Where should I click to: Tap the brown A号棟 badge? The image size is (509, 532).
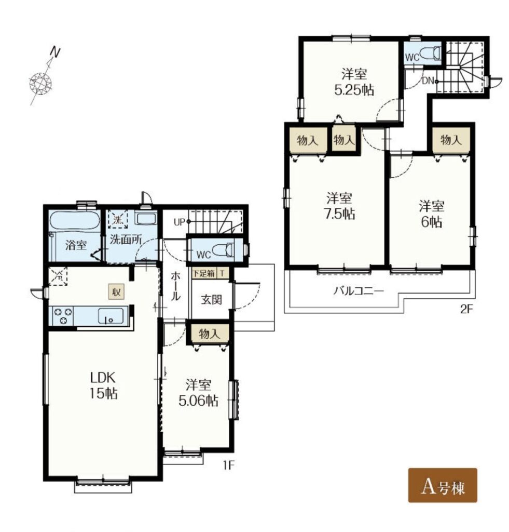(442, 485)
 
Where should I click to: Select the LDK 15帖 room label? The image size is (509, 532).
(103, 385)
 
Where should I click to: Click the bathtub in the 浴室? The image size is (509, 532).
(75, 220)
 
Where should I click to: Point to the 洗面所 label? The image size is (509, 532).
(126, 240)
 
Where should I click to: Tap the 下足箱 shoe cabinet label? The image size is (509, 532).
(204, 273)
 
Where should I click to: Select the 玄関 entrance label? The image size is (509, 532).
(212, 300)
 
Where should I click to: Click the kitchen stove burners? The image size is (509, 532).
(63, 315)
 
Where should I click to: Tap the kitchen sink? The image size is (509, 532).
(111, 316)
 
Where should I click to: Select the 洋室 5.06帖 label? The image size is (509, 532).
(198, 393)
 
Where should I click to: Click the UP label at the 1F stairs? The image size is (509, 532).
(180, 222)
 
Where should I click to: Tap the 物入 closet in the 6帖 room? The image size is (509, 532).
(451, 139)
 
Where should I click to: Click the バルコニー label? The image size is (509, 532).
(359, 291)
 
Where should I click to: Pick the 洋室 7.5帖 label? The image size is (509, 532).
(339, 206)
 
